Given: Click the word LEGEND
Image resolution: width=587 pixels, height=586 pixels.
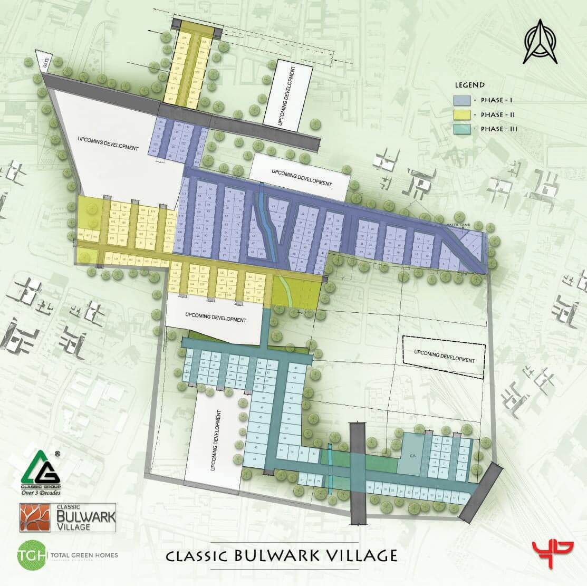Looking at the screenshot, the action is [469, 85].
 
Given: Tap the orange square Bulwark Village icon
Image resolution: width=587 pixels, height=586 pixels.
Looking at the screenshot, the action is [35, 517].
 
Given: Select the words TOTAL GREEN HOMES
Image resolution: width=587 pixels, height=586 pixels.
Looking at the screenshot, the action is [84, 555].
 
